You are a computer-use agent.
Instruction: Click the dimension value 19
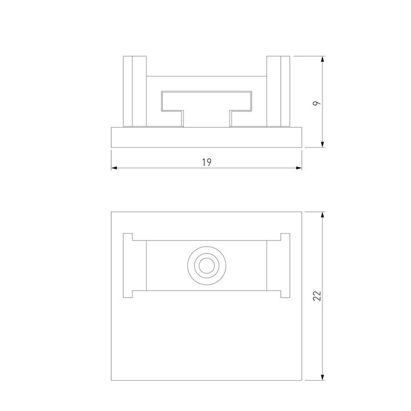(207, 163)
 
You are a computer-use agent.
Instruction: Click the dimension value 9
(317, 103)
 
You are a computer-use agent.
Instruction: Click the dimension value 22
(318, 295)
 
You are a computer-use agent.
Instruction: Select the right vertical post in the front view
(279, 91)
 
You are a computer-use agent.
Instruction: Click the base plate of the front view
(206, 137)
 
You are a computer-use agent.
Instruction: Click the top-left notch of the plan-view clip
(128, 237)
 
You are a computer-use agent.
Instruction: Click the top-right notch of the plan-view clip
(284, 237)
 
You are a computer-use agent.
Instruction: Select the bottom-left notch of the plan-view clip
(128, 294)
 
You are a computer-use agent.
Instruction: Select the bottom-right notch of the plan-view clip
(284, 294)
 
